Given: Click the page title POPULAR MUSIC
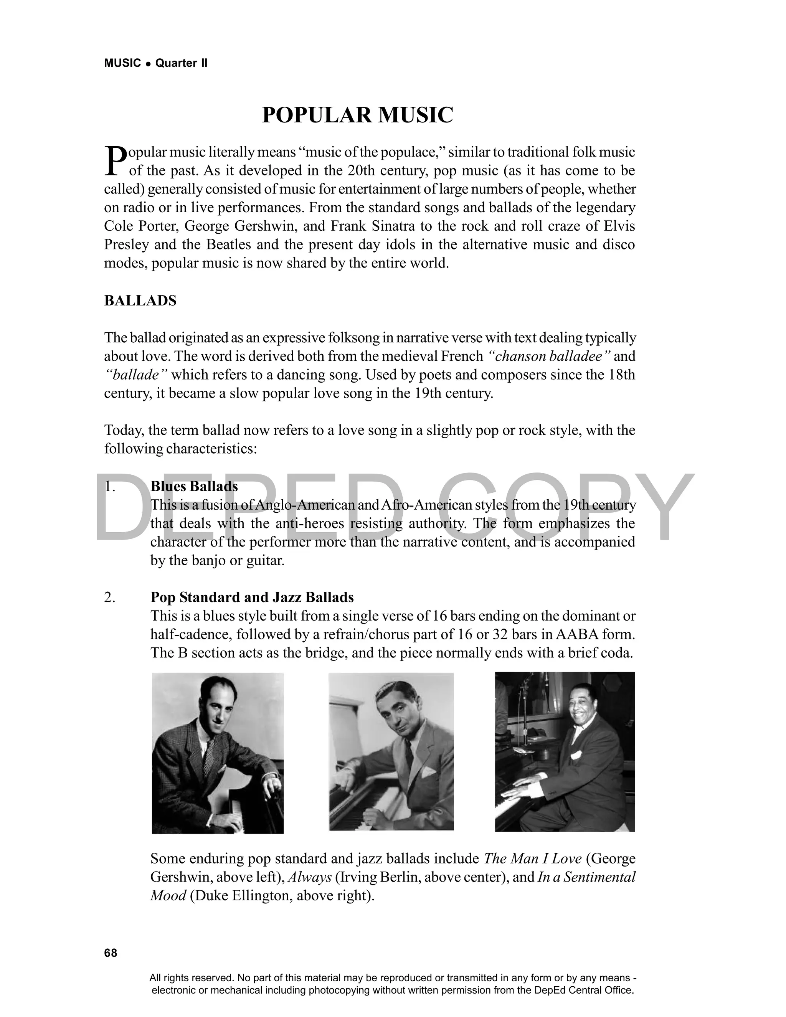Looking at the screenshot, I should point(357,115).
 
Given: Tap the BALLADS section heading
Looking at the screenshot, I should point(140,301).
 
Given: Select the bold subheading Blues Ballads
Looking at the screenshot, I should point(194,486).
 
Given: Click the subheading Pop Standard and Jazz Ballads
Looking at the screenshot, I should point(252,598).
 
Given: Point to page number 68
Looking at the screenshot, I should point(111,953).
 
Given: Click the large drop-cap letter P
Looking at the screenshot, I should point(115,161).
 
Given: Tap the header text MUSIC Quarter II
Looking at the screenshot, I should point(155,63).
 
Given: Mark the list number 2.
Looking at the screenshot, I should point(109,598).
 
